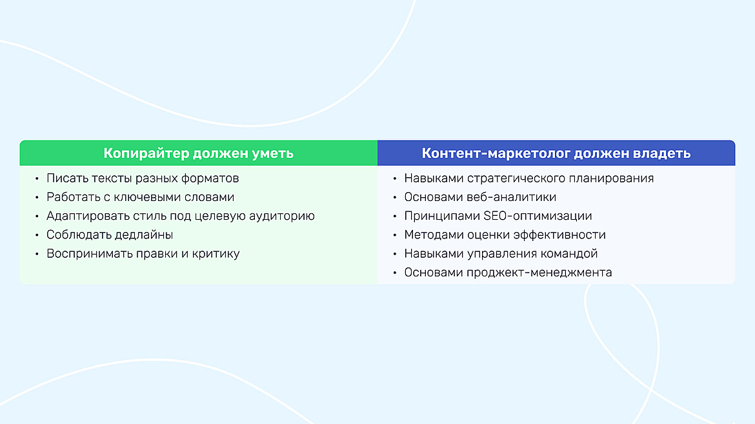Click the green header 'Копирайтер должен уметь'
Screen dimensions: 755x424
pyautogui.click(x=198, y=153)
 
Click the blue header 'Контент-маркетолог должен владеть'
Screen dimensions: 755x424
pyautogui.click(x=556, y=153)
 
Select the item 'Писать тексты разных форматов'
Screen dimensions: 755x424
pyautogui.click(x=143, y=178)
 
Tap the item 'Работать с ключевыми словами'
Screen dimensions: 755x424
pyautogui.click(x=140, y=197)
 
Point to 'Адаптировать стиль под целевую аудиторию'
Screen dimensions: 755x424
pyautogui.click(x=181, y=216)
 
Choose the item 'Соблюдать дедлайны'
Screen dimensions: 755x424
pyautogui.click(x=110, y=235)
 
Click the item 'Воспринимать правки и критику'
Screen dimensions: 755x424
pyautogui.click(x=143, y=253)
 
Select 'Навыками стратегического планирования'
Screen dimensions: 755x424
pyautogui.click(x=528, y=178)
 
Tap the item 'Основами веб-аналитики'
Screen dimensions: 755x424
pyautogui.click(x=480, y=197)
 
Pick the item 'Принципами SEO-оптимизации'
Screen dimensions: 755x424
pyautogui.click(x=498, y=216)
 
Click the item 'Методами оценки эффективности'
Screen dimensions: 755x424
pyautogui.click(x=505, y=235)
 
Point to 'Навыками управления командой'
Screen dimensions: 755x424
pyautogui.click(x=501, y=253)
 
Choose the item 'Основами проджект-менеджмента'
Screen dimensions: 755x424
pyautogui.click(x=508, y=273)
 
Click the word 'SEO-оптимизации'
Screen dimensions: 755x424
pyautogui.click(x=538, y=216)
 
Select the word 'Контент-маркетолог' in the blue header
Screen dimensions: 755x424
pyautogui.click(x=496, y=153)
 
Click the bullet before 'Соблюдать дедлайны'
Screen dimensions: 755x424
pyautogui.click(x=37, y=235)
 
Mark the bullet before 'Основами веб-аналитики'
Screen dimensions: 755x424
pyautogui.click(x=394, y=198)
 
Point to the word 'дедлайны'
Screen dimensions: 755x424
pyautogui.click(x=143, y=235)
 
